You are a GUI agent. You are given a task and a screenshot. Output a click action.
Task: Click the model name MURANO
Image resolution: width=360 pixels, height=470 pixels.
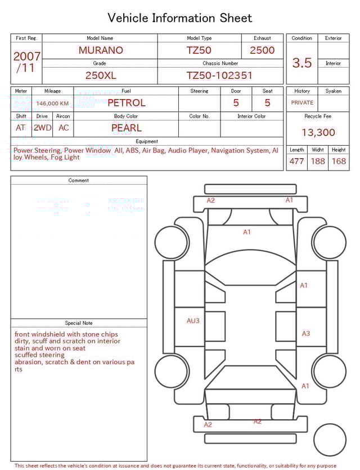click(101, 50)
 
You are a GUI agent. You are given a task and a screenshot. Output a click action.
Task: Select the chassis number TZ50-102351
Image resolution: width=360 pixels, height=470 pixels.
click(219, 75)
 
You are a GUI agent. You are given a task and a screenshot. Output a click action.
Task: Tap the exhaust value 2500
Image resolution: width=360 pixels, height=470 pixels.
click(262, 50)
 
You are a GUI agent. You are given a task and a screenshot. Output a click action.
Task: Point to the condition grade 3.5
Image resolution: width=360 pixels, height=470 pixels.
click(302, 63)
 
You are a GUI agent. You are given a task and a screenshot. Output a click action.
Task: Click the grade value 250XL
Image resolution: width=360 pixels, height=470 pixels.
click(101, 75)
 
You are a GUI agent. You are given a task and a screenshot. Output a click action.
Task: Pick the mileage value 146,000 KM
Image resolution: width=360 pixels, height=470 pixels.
click(52, 104)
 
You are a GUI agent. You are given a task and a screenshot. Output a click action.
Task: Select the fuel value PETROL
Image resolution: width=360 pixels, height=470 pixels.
click(126, 103)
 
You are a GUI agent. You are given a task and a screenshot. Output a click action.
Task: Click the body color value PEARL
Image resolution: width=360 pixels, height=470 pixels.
click(126, 128)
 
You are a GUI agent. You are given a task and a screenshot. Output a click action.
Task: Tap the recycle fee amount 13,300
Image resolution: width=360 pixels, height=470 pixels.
click(318, 133)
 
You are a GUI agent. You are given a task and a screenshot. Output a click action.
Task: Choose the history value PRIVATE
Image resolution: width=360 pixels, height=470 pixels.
click(302, 103)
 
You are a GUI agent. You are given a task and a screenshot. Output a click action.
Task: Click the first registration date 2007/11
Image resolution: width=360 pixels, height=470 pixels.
click(26, 62)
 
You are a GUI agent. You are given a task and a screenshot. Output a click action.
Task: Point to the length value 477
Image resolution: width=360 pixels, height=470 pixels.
click(296, 162)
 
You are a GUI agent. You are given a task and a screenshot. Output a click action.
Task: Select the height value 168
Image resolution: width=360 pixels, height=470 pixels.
click(339, 162)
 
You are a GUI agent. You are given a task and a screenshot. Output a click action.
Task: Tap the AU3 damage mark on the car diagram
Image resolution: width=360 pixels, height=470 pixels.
click(193, 321)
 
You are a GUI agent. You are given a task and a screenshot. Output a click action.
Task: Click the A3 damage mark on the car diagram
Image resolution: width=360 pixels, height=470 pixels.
click(305, 333)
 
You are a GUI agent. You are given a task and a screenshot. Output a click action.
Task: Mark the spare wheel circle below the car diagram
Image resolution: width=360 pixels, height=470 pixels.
click(330, 440)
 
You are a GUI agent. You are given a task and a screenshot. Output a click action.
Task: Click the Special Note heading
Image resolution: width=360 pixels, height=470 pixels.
click(79, 323)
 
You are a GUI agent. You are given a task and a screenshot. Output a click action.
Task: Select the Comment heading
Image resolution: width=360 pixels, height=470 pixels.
click(79, 181)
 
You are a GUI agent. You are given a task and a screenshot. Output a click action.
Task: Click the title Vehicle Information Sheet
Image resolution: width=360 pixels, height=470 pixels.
click(180, 18)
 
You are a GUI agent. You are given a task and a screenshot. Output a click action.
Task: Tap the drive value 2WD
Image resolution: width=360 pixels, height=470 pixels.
click(42, 128)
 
